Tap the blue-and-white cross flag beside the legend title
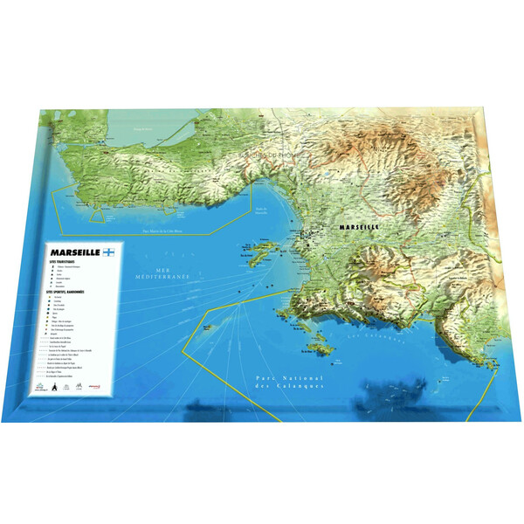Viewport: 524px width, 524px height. point(109,252)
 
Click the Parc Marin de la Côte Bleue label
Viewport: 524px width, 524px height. point(168,231)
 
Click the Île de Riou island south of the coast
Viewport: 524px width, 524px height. point(323,347)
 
